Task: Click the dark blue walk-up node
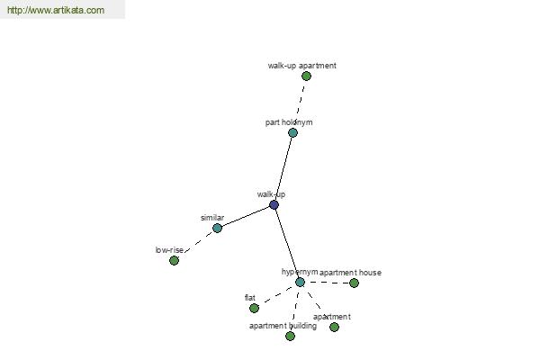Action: pyautogui.click(x=274, y=205)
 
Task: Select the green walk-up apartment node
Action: pyautogui.click(x=306, y=76)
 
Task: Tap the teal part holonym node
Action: pyautogui.click(x=292, y=132)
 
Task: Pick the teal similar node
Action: pyautogui.click(x=217, y=228)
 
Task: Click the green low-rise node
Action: pyautogui.click(x=175, y=260)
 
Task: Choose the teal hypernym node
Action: pyautogui.click(x=300, y=282)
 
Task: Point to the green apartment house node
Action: pyautogui.click(x=354, y=283)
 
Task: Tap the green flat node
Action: pyautogui.click(x=254, y=308)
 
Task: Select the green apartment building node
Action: pyautogui.click(x=291, y=336)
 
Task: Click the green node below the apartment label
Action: pyautogui.click(x=334, y=327)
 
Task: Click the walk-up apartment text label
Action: pyautogui.click(x=302, y=66)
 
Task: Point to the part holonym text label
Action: pyautogui.click(x=289, y=122)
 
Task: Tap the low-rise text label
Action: pyautogui.click(x=169, y=250)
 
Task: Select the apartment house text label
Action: pyautogui.click(x=350, y=273)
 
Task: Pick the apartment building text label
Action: pyautogui.click(x=283, y=326)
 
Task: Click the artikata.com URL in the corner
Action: pyautogui.click(x=56, y=10)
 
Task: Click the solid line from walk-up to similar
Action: pyautogui.click(x=245, y=216)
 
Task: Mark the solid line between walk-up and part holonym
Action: pyautogui.click(x=283, y=169)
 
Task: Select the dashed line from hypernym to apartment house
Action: pyautogui.click(x=328, y=283)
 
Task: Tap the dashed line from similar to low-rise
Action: pyautogui.click(x=199, y=242)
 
